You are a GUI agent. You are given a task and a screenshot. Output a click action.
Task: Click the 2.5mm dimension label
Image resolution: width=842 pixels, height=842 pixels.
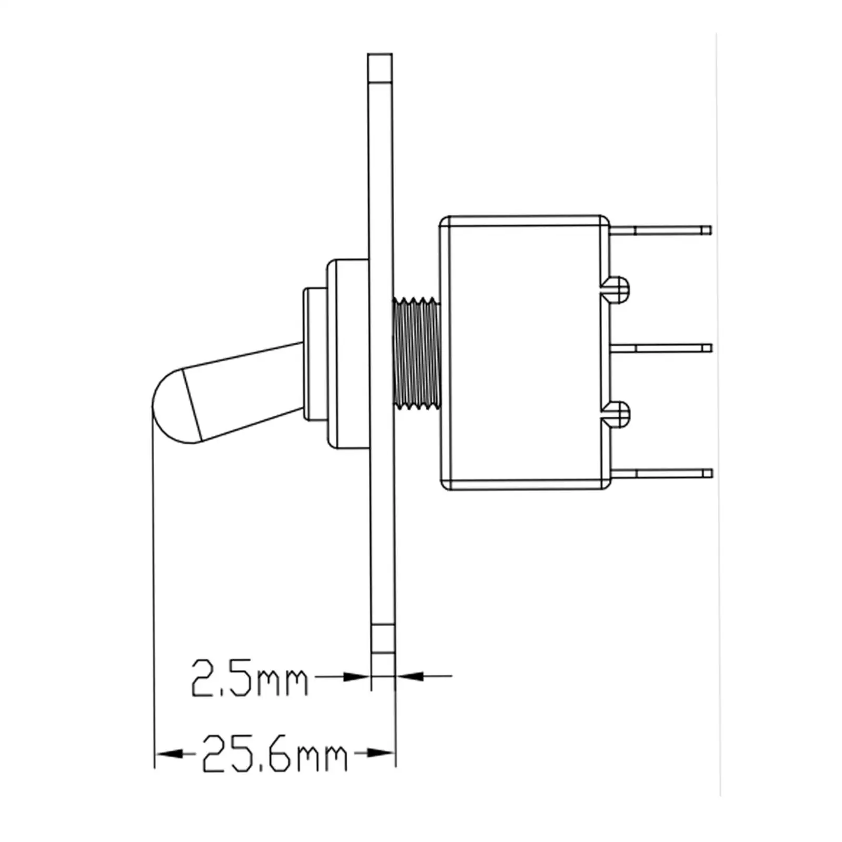(248, 678)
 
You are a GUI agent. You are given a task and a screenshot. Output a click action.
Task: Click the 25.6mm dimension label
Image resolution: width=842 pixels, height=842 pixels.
(274, 754)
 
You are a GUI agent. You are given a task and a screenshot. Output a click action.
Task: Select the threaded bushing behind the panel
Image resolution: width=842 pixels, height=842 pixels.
(416, 353)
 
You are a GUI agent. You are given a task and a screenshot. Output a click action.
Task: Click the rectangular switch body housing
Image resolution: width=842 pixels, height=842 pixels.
(524, 353)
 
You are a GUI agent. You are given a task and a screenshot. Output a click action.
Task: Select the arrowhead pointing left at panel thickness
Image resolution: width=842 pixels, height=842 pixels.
(410, 676)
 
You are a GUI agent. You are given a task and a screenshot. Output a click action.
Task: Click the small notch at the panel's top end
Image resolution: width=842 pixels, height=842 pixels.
(380, 68)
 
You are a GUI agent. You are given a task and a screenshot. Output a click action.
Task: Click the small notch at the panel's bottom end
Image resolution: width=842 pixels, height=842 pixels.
(383, 639)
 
